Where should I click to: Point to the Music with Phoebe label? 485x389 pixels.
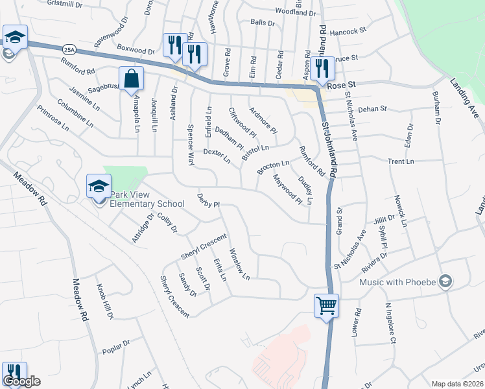398,281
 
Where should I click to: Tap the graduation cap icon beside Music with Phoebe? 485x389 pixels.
445,281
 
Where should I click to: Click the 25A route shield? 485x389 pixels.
69,49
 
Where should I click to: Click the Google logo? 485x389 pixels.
21,381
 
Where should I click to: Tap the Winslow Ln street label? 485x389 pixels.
239,265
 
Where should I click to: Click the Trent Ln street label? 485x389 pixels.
401,161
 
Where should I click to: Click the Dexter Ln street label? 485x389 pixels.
217,155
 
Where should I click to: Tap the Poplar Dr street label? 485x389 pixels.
116,347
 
